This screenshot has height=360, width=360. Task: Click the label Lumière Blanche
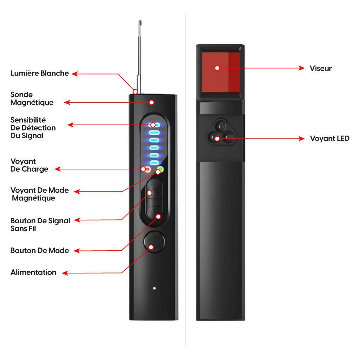(39, 73)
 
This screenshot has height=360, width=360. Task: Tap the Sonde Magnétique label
(32, 98)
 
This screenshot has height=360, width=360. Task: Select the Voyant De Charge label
(29, 165)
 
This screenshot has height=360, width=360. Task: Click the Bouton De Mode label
(39, 251)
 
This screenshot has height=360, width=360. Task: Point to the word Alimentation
(33, 272)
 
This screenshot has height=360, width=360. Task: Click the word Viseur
(321, 68)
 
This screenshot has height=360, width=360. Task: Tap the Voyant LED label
(329, 139)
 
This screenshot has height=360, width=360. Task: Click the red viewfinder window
(220, 71)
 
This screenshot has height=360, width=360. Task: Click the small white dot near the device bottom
(154, 288)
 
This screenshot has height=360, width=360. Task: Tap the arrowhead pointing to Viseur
(302, 68)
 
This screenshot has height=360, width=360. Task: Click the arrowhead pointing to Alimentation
(64, 272)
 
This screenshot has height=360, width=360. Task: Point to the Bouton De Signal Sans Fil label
(40, 225)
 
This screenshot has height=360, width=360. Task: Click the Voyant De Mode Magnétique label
(39, 194)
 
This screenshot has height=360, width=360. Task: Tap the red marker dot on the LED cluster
(217, 139)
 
